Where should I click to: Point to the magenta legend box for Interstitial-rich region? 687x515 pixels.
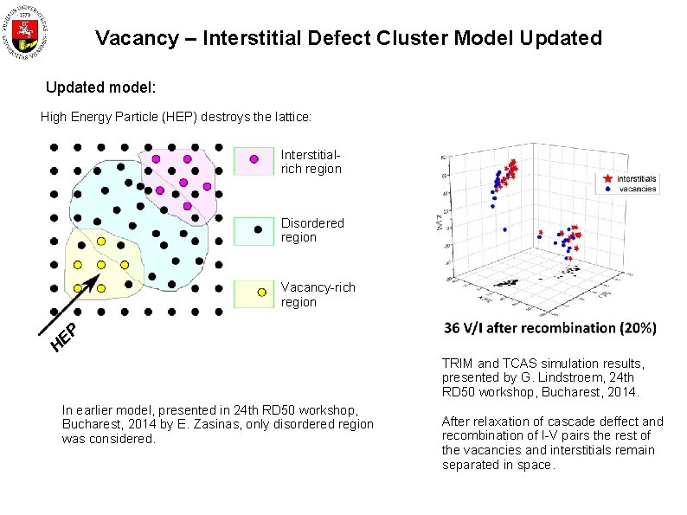tap(254, 160)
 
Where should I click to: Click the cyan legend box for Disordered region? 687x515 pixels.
tap(254, 230)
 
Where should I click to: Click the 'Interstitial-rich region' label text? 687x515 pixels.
tap(311, 161)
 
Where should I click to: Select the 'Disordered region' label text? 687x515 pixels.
tap(312, 230)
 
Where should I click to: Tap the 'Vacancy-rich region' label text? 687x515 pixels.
tap(318, 294)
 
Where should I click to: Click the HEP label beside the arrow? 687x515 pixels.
tap(65, 338)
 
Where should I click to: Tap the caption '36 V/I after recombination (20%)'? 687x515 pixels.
tap(549, 328)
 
